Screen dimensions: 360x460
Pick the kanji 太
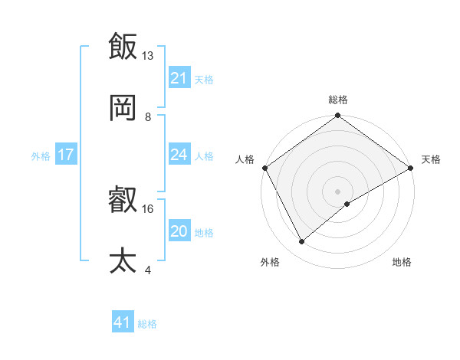click(123, 260)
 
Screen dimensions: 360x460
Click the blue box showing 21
click(179, 78)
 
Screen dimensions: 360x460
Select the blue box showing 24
click(179, 155)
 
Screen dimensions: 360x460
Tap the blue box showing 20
click(179, 231)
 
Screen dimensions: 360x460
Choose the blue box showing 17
click(65, 155)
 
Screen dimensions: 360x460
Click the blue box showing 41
click(123, 322)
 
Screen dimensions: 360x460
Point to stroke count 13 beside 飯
click(148, 56)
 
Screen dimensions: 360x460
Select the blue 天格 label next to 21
click(203, 79)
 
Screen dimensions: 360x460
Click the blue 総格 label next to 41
click(147, 324)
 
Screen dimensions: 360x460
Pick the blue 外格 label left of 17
click(41, 155)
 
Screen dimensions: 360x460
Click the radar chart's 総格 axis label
click(338, 100)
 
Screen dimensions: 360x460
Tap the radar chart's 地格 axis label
click(402, 263)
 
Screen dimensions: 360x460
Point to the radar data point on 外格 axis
click(302, 242)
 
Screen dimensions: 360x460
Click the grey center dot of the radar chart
click(338, 191)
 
